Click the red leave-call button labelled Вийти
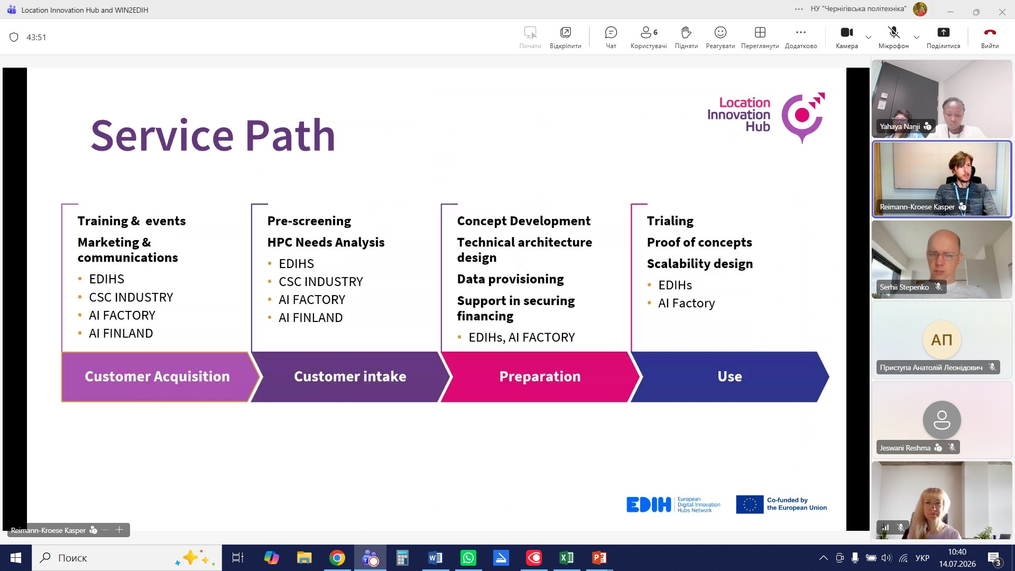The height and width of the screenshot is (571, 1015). click(990, 37)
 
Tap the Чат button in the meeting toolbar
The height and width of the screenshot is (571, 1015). click(611, 37)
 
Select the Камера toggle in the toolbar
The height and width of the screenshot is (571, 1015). click(846, 37)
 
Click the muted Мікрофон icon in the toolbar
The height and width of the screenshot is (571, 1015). click(893, 33)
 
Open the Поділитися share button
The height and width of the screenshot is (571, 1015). click(943, 37)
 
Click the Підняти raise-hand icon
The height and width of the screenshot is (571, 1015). click(686, 33)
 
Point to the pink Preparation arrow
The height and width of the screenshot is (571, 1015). click(540, 376)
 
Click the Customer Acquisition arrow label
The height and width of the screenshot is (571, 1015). click(157, 376)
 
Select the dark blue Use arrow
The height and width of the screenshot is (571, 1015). click(730, 376)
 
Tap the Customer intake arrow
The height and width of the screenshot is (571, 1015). click(350, 376)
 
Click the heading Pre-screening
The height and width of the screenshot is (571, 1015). click(309, 221)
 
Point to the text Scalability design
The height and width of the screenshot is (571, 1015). click(700, 264)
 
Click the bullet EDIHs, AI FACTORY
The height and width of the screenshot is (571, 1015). click(521, 337)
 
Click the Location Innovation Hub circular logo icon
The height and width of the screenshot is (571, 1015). click(803, 117)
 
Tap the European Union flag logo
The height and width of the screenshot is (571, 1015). click(750, 504)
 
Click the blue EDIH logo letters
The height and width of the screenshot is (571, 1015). click(649, 504)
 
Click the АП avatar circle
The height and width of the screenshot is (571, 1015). click(942, 339)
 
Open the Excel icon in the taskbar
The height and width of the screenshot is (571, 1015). click(566, 558)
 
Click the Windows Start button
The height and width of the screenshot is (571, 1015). click(16, 558)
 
